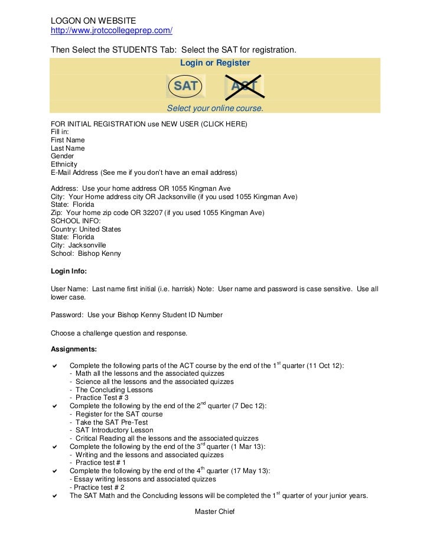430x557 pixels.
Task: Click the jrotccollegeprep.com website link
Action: [112, 31]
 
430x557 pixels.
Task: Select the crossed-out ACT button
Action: [244, 86]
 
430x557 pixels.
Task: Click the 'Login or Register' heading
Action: [215, 63]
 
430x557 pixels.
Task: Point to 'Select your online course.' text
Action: [215, 109]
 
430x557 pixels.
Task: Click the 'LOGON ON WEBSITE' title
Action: [93, 21]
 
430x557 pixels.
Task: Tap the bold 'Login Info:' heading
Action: [69, 271]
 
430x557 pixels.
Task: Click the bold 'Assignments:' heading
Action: [74, 349]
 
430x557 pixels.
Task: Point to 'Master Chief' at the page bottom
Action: [215, 512]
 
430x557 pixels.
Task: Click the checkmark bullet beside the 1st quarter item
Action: [55, 366]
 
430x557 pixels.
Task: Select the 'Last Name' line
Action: [68, 148]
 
